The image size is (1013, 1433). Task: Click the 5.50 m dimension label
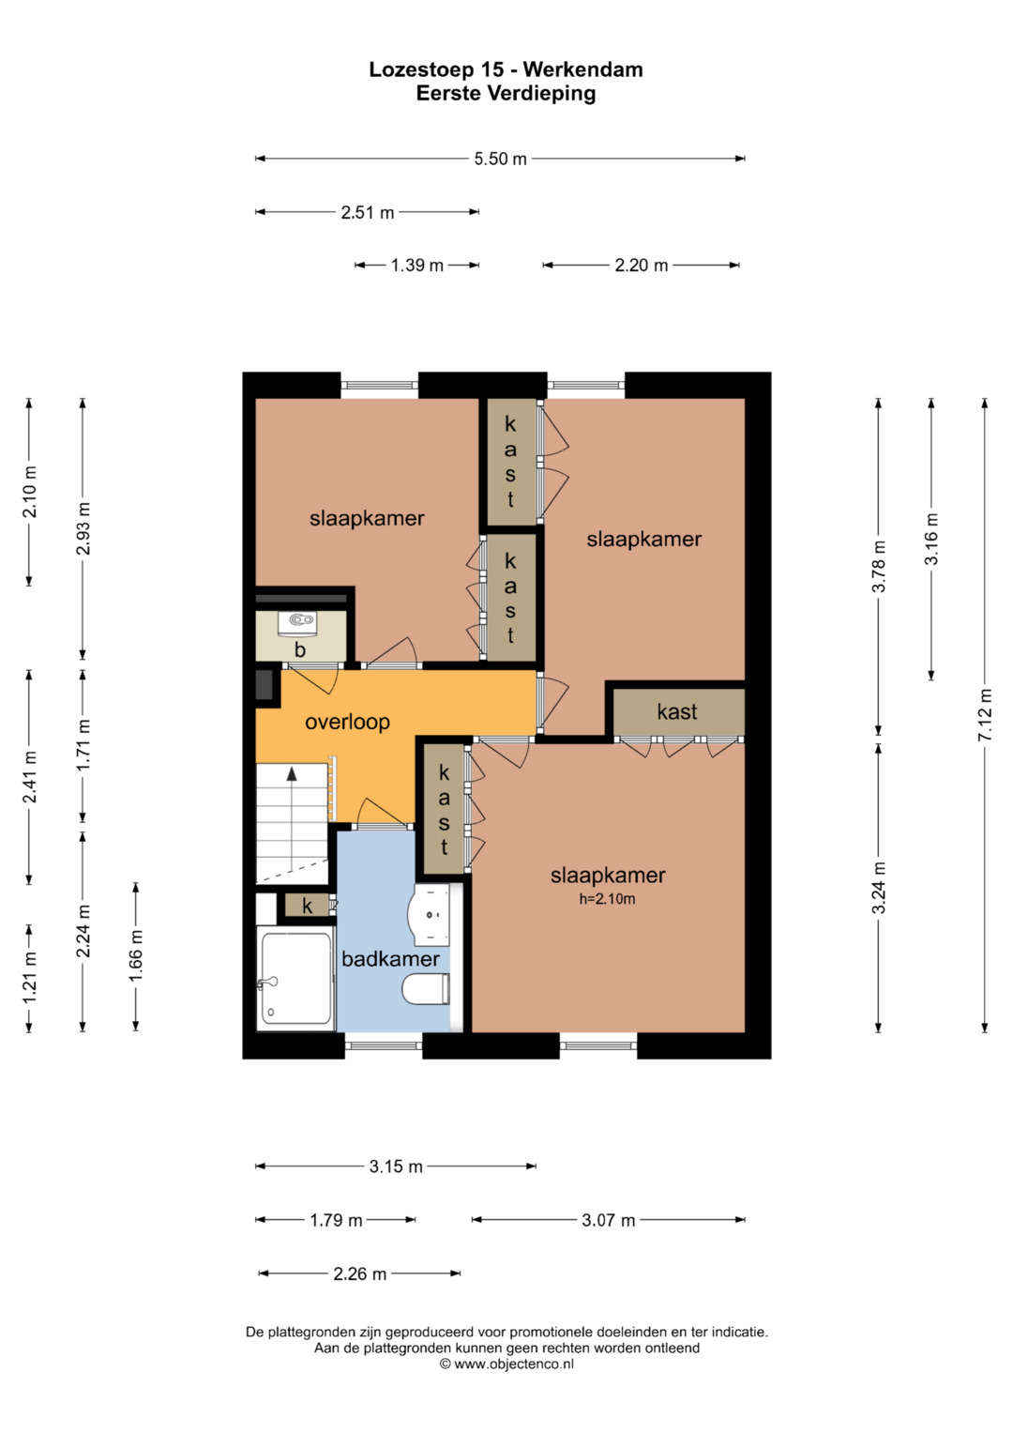click(500, 159)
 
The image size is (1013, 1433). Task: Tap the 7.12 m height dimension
click(985, 714)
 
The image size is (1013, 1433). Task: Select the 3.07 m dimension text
click(608, 1221)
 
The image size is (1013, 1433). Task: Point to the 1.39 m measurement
click(417, 266)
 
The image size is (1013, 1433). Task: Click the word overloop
click(347, 722)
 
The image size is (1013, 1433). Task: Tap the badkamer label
click(391, 958)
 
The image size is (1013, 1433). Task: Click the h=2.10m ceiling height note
click(607, 899)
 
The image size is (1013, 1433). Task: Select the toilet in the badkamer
click(426, 988)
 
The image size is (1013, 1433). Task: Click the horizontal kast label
click(676, 711)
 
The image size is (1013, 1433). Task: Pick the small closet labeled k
click(308, 906)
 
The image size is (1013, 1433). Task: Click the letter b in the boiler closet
click(299, 649)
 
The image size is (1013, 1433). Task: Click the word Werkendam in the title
click(583, 69)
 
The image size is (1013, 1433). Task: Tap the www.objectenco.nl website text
click(514, 1364)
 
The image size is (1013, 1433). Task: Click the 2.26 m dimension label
click(359, 1273)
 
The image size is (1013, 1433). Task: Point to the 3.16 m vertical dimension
click(931, 539)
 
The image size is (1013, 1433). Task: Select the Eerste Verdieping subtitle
click(506, 94)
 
